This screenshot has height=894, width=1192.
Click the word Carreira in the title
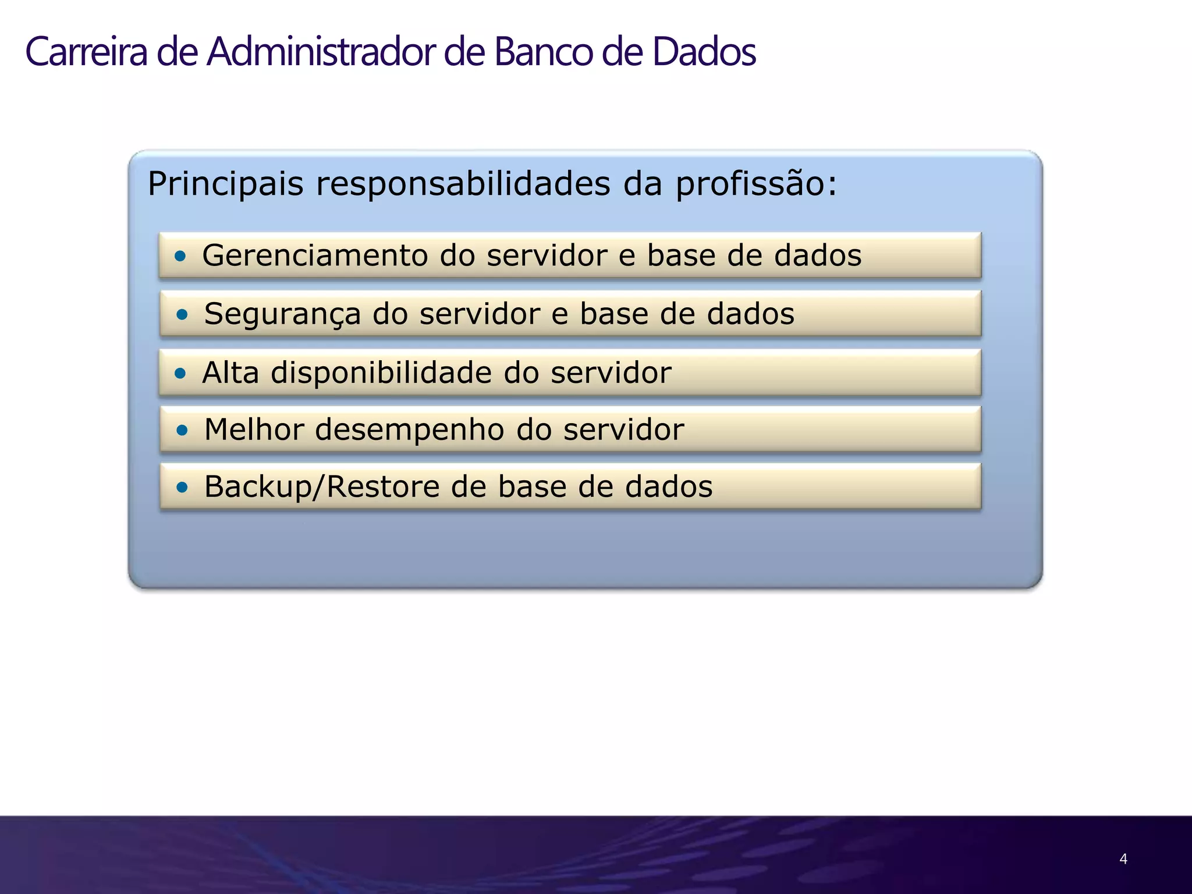click(87, 52)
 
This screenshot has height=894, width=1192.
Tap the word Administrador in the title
click(321, 52)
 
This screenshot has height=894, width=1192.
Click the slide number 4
click(1123, 858)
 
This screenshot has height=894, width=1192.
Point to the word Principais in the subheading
click(226, 184)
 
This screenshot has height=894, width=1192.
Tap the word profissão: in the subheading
click(756, 184)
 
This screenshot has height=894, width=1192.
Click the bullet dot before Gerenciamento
click(180, 256)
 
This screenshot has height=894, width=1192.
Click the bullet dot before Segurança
click(182, 315)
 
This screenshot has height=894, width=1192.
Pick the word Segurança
click(283, 315)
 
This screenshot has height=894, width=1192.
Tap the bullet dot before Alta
click(180, 373)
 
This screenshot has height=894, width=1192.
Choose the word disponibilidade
click(382, 373)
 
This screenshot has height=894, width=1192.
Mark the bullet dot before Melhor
click(182, 431)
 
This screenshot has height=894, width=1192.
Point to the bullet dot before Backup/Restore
click(182, 487)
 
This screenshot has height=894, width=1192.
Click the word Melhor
click(254, 431)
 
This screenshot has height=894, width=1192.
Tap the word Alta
click(230, 373)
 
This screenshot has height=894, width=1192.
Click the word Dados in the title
click(704, 52)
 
